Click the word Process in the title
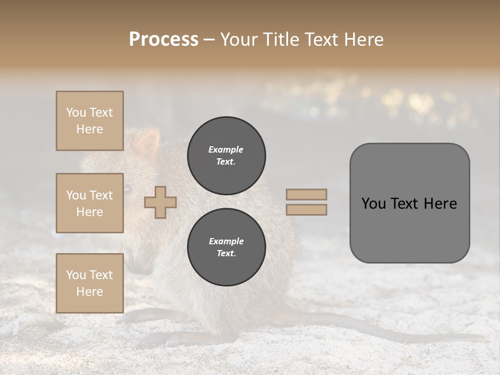[164, 40]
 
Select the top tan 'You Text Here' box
[90, 121]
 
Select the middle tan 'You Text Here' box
[90, 203]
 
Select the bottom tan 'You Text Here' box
[90, 283]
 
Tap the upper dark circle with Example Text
[227, 156]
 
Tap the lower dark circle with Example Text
[227, 247]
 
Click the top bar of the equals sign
[306, 194]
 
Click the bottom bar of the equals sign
[306, 210]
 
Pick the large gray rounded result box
[409, 203]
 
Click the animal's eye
[127, 188]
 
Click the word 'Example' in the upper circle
[226, 149]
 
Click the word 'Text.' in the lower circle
[226, 254]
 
